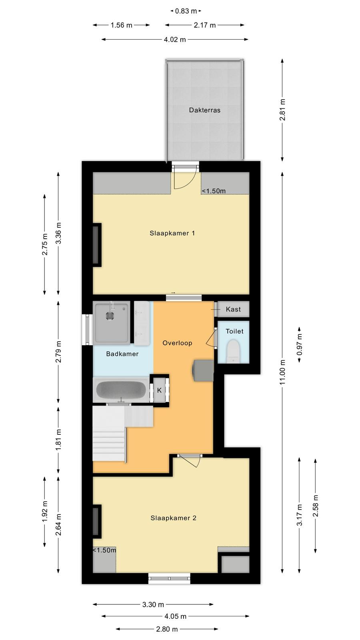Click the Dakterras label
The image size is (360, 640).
click(x=204, y=110)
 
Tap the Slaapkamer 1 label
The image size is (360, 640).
click(x=172, y=233)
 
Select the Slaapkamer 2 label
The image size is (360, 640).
click(x=174, y=518)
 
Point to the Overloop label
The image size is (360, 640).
click(x=177, y=343)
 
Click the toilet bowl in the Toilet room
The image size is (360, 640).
click(x=234, y=352)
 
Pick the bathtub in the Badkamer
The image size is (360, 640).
click(x=121, y=390)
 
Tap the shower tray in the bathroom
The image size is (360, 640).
click(x=112, y=323)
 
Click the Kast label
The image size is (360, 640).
click(x=233, y=309)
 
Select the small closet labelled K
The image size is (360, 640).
click(x=160, y=390)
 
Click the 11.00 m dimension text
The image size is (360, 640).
click(x=282, y=372)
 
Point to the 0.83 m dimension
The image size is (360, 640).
click(x=186, y=11)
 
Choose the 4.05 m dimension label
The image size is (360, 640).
click(x=176, y=616)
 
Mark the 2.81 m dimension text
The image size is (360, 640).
click(x=282, y=110)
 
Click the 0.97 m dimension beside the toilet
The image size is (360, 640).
click(x=300, y=344)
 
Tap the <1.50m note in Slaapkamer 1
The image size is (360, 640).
click(x=214, y=191)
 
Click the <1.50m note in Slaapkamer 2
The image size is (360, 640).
click(x=104, y=550)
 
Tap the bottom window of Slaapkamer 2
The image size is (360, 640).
click(x=170, y=578)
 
